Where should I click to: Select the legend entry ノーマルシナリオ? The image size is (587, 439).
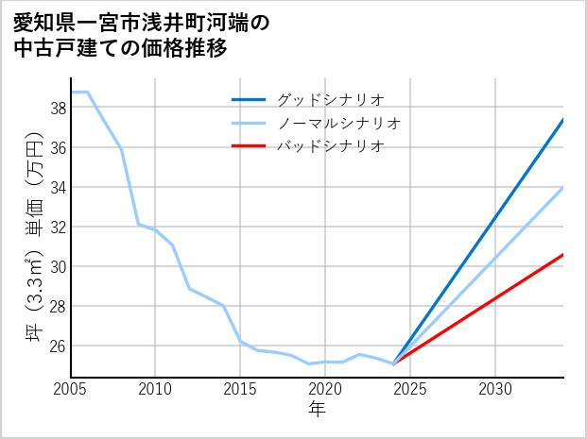339,123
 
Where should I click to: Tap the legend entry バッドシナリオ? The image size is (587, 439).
330,146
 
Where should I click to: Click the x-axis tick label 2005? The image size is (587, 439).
71,389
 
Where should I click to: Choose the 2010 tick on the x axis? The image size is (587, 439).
156,389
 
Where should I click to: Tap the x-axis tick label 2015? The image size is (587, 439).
241,389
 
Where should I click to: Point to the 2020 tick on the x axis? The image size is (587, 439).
325,389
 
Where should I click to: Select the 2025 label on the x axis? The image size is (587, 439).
410,389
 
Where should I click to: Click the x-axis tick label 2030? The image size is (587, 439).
495,389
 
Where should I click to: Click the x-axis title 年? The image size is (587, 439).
318,409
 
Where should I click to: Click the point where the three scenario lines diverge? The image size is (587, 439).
393,363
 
